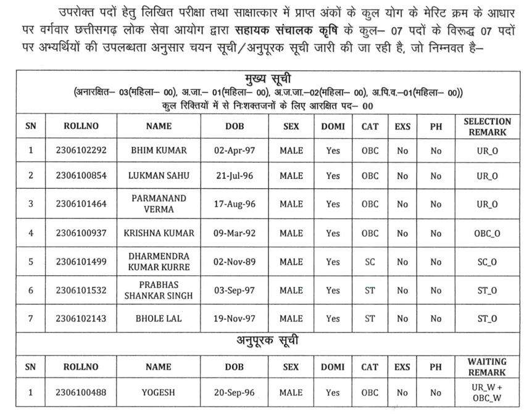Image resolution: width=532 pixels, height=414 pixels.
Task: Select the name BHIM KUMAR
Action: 159,150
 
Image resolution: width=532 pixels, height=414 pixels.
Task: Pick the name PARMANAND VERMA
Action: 159,204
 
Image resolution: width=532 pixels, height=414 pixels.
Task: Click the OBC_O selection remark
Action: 487,233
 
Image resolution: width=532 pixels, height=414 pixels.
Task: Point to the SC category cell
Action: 370,262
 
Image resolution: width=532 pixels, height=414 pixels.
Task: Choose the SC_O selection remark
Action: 487,262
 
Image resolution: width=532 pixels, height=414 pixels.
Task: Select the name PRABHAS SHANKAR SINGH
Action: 159,290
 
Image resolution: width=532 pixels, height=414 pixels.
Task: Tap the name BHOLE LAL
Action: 159,318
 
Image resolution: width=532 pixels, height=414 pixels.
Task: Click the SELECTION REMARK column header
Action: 487,126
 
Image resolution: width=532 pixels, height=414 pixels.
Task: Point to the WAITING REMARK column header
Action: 487,366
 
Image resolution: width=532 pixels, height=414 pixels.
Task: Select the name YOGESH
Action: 159,392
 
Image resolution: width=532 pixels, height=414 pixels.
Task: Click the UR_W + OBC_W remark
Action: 487,392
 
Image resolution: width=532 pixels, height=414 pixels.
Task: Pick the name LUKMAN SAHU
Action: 159,176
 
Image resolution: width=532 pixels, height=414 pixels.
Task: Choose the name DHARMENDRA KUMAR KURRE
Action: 159,262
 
